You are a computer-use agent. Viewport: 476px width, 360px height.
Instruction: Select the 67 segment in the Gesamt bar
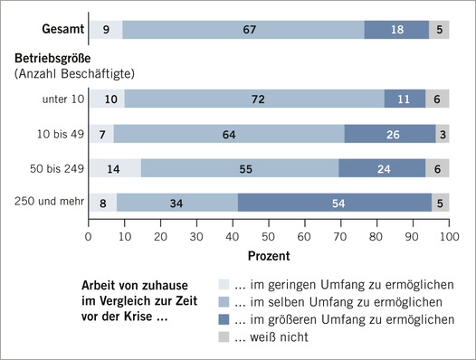(243, 29)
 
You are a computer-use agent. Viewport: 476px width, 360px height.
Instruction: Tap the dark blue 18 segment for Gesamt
(396, 29)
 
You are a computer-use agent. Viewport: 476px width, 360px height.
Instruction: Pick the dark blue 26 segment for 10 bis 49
(392, 134)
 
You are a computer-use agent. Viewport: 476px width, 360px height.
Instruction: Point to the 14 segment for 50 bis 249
(114, 168)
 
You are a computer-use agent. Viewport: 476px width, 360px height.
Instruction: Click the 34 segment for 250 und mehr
(177, 203)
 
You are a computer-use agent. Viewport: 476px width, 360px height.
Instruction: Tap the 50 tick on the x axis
(269, 237)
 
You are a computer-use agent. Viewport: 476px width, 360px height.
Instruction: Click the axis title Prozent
(269, 255)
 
